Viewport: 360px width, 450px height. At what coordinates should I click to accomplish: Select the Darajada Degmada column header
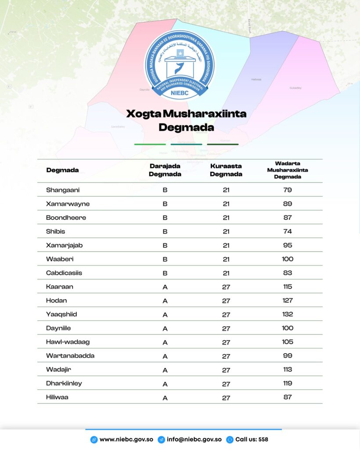click(165, 170)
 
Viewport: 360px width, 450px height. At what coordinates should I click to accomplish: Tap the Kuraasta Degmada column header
click(226, 170)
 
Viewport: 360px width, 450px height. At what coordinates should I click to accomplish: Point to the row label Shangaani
click(63, 190)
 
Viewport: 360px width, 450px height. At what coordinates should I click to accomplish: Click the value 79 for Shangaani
click(288, 190)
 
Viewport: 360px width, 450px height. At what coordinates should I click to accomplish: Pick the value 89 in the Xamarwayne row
click(288, 204)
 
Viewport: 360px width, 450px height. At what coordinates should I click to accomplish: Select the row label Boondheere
click(66, 218)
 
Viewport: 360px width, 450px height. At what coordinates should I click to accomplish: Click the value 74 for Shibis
click(288, 231)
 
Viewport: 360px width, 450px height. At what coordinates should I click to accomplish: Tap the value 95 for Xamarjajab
click(288, 245)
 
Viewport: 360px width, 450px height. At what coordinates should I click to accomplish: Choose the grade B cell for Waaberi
click(165, 259)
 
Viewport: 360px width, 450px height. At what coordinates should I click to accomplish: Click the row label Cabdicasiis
click(64, 273)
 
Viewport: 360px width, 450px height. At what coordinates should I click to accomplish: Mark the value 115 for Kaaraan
click(288, 287)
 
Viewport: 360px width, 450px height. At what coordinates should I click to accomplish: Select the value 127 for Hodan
click(288, 301)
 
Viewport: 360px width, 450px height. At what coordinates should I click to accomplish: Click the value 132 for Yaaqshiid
click(288, 314)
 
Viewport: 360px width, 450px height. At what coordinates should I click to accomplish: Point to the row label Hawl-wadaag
click(68, 342)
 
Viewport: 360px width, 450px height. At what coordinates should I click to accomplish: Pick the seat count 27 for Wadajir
click(226, 370)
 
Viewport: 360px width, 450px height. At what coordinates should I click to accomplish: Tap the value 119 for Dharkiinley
click(288, 383)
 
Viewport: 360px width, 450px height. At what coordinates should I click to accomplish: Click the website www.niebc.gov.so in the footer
click(126, 439)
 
